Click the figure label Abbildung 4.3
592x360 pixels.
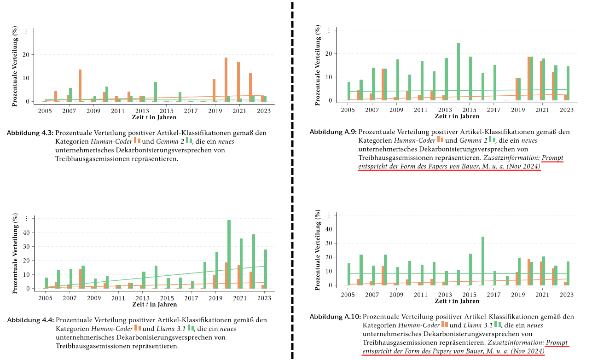[x=30, y=133]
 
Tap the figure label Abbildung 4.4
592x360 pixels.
[x=30, y=320]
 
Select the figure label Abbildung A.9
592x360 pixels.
[x=333, y=132]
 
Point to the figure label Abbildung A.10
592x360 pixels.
[x=335, y=317]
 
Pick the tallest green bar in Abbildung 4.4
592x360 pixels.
[x=229, y=254]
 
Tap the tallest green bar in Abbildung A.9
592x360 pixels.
[x=459, y=71]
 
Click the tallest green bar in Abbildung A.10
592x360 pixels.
[x=483, y=261]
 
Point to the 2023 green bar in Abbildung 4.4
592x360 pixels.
[x=266, y=269]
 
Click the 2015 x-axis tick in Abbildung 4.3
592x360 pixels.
[x=167, y=111]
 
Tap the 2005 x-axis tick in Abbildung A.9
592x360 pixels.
[x=348, y=110]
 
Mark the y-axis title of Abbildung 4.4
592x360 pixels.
[x=15, y=253]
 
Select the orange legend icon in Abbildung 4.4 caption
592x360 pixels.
[x=138, y=328]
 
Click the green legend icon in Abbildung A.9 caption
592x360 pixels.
[x=492, y=139]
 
